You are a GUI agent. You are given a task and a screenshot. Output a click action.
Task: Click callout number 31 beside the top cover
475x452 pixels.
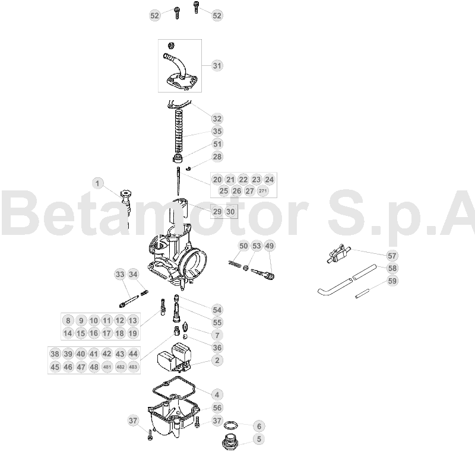pyautogui.click(x=217, y=66)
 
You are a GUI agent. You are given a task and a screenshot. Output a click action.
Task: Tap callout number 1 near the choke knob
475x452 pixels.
pyautogui.click(x=97, y=183)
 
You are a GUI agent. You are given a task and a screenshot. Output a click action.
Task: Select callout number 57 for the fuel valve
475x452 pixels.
pyautogui.click(x=392, y=256)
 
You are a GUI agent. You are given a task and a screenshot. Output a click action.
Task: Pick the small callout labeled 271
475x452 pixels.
pyautogui.click(x=262, y=191)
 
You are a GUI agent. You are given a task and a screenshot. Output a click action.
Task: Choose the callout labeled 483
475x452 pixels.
pyautogui.click(x=133, y=367)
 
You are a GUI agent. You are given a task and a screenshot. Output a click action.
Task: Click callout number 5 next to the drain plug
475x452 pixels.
pyautogui.click(x=259, y=439)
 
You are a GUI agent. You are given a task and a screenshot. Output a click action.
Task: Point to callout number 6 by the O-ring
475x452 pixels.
pyautogui.click(x=259, y=426)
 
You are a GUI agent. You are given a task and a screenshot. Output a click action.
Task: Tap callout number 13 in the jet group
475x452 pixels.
pyautogui.click(x=132, y=320)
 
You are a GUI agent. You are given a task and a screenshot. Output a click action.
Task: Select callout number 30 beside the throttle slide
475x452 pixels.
pyautogui.click(x=230, y=212)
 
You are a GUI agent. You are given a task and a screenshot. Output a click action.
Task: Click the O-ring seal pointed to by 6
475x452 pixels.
pyautogui.click(x=232, y=425)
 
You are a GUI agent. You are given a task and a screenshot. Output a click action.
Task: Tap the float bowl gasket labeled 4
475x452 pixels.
pyautogui.click(x=175, y=387)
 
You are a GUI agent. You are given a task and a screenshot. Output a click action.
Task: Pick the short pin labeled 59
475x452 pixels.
pyautogui.click(x=362, y=294)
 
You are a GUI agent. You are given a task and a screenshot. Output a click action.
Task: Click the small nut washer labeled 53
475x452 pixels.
pyautogui.click(x=246, y=268)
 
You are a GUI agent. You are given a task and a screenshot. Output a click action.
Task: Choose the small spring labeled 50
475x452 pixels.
pyautogui.click(x=235, y=264)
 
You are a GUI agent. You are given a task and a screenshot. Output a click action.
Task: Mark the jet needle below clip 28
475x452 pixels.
pyautogui.click(x=179, y=182)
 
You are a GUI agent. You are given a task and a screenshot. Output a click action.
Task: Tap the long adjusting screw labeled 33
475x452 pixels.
pyautogui.click(x=129, y=302)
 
